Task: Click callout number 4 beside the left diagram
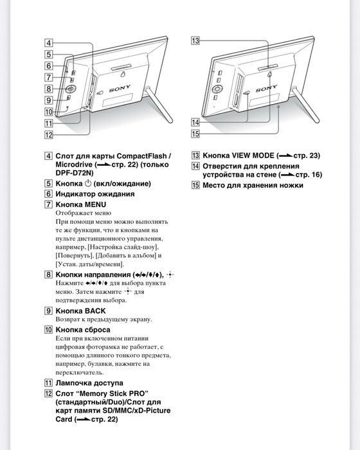(x=49, y=44)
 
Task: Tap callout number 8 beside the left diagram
(x=49, y=88)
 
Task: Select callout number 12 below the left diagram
(x=49, y=134)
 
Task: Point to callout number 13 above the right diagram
(x=195, y=41)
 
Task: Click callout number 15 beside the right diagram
(x=195, y=133)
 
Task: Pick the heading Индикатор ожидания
(x=94, y=194)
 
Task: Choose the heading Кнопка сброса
(x=86, y=329)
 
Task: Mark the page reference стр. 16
(x=309, y=175)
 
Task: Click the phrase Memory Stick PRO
(x=113, y=393)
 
